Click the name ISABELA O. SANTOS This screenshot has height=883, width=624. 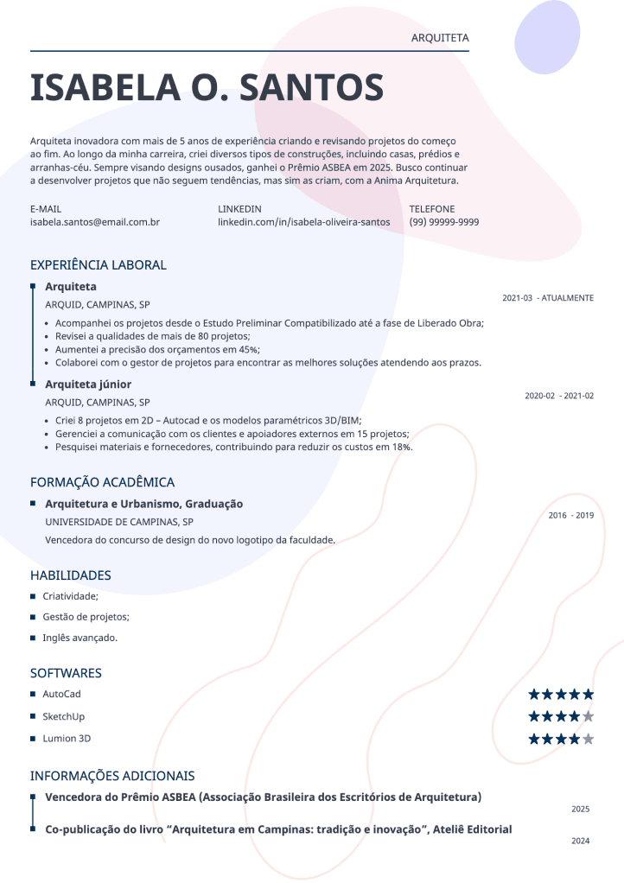(x=207, y=87)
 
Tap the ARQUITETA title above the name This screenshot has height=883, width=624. (x=440, y=38)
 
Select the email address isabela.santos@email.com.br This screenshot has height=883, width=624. (x=95, y=222)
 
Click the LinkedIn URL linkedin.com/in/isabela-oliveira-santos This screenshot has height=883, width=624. (x=304, y=222)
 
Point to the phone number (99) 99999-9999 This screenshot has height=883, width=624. (x=444, y=222)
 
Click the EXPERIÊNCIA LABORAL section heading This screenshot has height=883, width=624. (x=98, y=265)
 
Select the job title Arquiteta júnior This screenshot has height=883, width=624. (x=88, y=384)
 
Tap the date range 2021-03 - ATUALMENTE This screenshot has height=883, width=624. (x=548, y=298)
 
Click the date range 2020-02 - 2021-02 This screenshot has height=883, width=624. (x=559, y=396)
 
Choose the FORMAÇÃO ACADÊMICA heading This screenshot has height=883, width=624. (x=102, y=482)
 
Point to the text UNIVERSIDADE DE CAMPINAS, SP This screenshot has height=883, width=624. (x=119, y=522)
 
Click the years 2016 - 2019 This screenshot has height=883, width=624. (x=571, y=516)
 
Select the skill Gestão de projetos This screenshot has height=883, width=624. (x=86, y=617)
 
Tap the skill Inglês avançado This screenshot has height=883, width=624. (x=80, y=638)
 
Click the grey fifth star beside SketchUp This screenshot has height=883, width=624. (x=589, y=717)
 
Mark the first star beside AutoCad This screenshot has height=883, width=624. (x=534, y=695)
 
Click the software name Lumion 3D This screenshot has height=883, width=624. (x=67, y=739)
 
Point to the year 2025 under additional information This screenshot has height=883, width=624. (x=580, y=810)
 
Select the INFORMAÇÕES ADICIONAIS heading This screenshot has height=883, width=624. (x=112, y=776)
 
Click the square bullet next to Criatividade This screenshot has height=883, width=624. (x=33, y=596)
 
